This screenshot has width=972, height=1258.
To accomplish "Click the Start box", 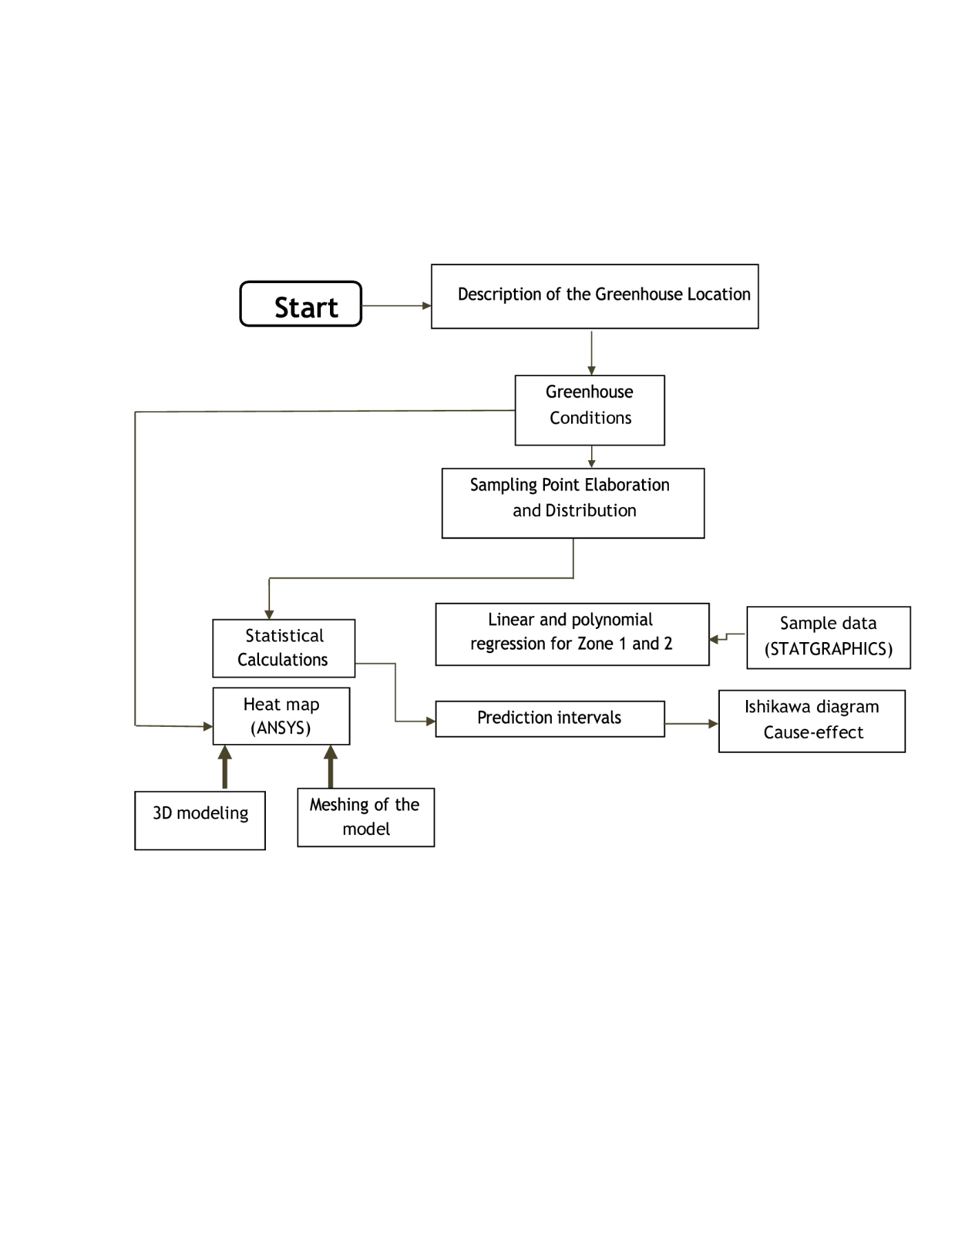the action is click(300, 304).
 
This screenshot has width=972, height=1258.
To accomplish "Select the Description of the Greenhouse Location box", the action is click(594, 296).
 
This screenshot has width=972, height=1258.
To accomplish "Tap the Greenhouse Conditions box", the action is click(590, 411).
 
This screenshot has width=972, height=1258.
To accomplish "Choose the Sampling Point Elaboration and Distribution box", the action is click(573, 503).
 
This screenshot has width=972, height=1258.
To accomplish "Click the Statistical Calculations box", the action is click(284, 648).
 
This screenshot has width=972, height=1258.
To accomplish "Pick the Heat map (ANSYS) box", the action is click(281, 716).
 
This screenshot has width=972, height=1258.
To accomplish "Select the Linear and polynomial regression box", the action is click(572, 635).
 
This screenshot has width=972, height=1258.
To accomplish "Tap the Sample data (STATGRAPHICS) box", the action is click(829, 638).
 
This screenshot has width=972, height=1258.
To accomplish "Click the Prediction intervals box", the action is click(550, 719).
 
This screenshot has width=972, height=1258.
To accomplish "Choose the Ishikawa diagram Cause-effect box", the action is click(811, 721).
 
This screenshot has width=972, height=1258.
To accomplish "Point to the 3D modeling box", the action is click(200, 821).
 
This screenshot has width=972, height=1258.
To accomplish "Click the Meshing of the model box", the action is click(366, 818).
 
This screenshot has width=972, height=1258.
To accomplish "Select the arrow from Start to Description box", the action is click(397, 305).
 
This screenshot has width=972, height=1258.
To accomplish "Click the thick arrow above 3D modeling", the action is click(225, 767).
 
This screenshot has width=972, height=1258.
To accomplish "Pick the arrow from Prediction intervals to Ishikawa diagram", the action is click(692, 723).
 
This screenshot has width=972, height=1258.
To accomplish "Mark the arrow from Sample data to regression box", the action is click(727, 637).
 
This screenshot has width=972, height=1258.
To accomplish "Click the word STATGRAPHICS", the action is click(829, 649).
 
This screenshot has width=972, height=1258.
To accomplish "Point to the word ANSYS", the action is click(281, 728).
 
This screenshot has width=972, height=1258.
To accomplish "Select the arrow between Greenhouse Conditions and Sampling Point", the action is click(591, 457).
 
